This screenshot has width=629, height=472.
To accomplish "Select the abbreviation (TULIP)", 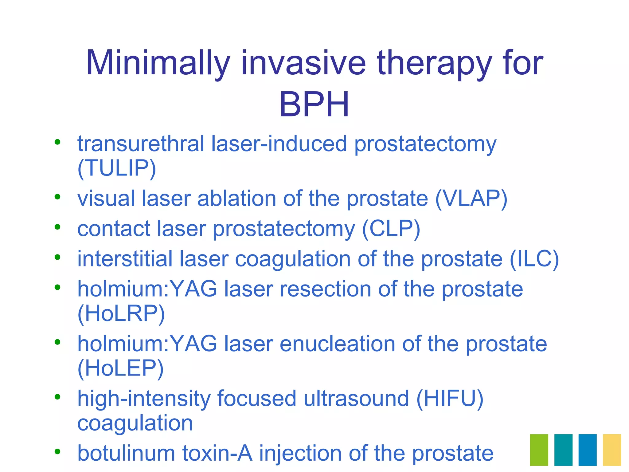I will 117,168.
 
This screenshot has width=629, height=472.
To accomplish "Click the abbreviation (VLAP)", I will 471,199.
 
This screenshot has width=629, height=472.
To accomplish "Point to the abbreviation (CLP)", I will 391,229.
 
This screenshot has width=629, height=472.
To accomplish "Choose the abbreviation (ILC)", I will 534,259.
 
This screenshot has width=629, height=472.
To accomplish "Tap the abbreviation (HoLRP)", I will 121,314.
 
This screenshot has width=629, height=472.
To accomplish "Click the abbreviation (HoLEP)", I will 120,368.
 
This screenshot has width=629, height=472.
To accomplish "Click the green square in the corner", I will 539,450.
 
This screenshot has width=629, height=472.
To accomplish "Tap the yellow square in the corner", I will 612,450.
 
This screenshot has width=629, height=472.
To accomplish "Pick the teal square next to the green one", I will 563,450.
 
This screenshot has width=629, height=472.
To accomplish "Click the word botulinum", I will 126,453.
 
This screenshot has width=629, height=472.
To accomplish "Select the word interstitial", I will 125,259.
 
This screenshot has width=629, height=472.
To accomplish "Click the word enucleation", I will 337,344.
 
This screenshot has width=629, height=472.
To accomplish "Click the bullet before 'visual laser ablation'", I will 57,197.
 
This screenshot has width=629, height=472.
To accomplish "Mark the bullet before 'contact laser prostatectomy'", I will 57,227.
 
